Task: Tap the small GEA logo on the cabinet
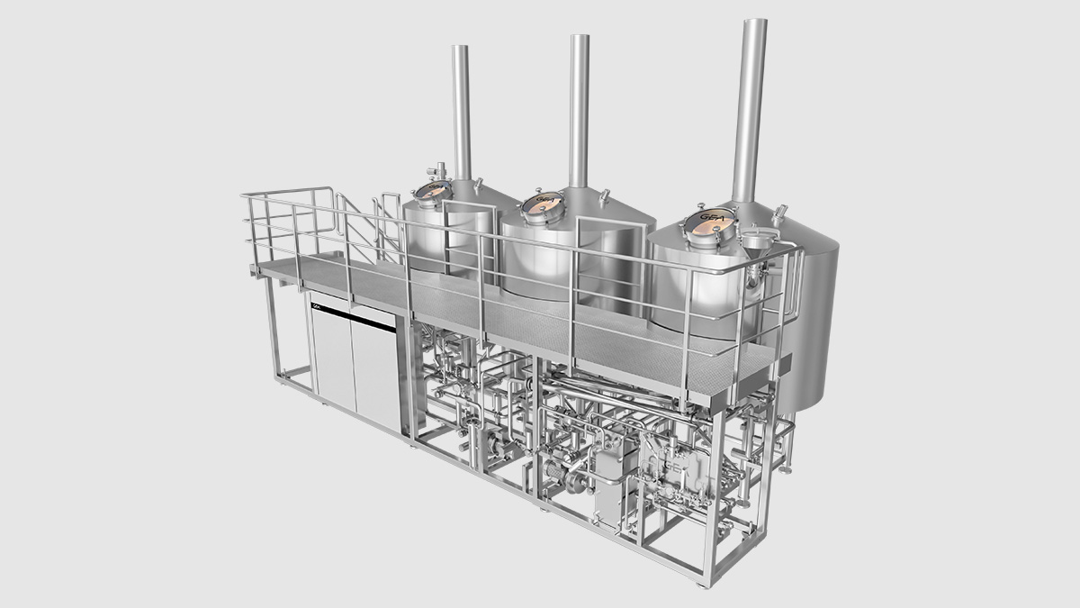coord(316,307)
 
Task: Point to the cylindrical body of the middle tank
coord(558,261)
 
